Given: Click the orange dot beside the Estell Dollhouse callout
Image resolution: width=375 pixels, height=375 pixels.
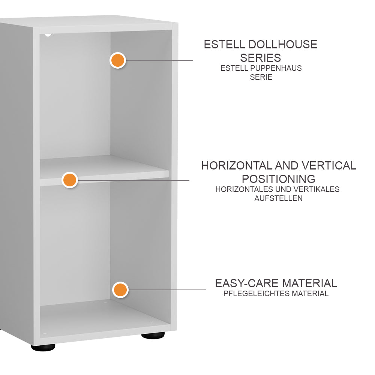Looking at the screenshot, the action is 118,60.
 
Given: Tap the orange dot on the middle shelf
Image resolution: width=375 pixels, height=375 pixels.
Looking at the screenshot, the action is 70,180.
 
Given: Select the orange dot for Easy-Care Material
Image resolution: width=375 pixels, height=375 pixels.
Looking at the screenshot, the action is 120,290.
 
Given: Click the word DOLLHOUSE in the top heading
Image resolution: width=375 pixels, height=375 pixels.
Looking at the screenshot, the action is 283,45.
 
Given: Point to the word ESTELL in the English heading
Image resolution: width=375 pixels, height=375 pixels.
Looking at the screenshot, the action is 224,45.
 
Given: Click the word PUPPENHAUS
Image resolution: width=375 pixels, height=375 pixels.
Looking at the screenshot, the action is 276,68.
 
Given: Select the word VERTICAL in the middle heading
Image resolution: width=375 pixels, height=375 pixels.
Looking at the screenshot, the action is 329,165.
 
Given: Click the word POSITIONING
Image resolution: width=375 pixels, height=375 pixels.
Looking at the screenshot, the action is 278,179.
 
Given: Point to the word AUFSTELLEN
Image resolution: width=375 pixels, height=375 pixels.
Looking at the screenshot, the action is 278,198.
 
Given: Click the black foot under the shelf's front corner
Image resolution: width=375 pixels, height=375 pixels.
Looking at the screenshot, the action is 43,347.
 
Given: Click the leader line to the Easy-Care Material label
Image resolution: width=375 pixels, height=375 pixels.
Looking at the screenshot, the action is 166,290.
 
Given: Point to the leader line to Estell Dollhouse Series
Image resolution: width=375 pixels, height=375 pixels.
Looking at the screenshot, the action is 159,60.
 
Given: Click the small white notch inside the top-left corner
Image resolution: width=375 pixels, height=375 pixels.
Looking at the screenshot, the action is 48,34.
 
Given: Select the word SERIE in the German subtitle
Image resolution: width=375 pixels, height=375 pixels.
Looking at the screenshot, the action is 261,78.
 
